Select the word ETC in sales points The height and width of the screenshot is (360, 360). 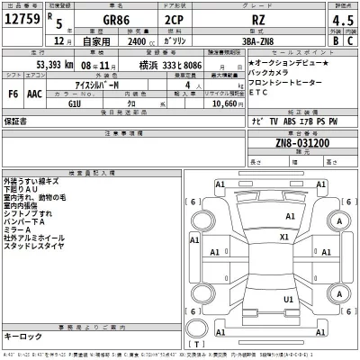pyautogui.click(x=260, y=91)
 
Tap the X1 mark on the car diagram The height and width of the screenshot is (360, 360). pyautogui.click(x=284, y=237)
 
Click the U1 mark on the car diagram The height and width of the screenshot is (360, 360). pyautogui.click(x=288, y=299)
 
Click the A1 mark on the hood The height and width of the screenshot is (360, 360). pyautogui.click(x=289, y=216)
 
